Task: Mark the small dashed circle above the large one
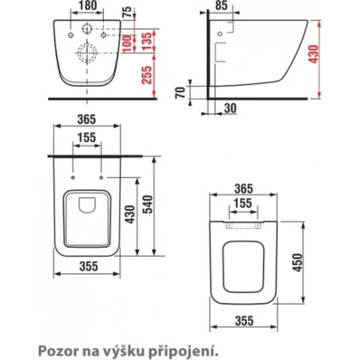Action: coord(87,30)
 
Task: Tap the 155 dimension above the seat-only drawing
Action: coord(243,203)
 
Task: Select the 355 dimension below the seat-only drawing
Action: coord(244,322)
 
